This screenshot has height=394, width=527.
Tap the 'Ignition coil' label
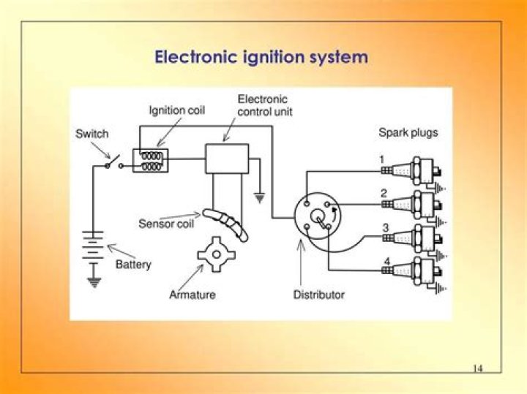point(177,111)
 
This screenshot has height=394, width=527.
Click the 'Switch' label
point(92,134)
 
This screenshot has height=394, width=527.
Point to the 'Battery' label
point(133,264)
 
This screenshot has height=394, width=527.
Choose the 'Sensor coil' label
point(166,224)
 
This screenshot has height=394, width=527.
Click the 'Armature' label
point(193,295)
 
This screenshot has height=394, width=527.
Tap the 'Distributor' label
point(319,295)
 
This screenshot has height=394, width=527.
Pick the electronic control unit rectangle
point(226,159)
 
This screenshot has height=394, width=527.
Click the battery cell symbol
point(93,246)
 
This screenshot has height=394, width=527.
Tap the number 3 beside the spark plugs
point(385,228)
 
